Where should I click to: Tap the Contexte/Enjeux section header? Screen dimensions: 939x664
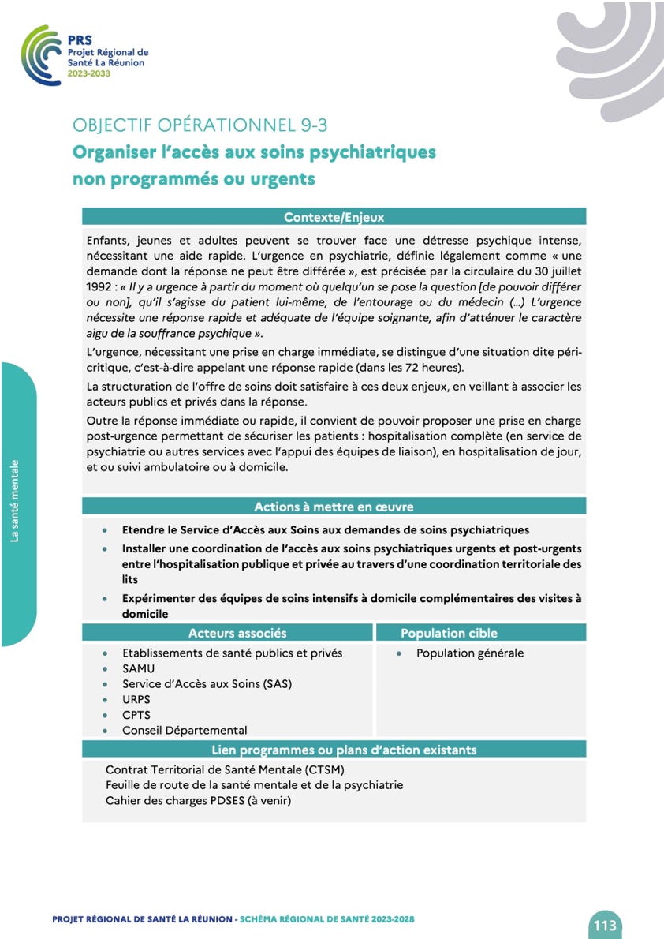(x=334, y=217)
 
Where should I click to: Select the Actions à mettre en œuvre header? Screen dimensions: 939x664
(x=334, y=507)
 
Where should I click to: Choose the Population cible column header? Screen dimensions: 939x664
(x=449, y=633)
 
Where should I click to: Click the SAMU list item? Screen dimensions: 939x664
(x=139, y=668)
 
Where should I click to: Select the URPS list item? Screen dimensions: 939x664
(x=136, y=699)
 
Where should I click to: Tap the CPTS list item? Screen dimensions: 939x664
(x=136, y=715)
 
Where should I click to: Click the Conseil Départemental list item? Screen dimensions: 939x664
(x=185, y=731)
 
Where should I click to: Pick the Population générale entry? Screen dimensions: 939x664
(x=470, y=653)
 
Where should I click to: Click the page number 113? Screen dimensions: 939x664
(x=605, y=925)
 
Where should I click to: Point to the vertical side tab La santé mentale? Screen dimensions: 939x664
(x=15, y=501)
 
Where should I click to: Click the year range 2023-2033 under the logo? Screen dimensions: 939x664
(x=89, y=73)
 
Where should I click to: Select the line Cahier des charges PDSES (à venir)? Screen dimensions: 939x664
(x=198, y=801)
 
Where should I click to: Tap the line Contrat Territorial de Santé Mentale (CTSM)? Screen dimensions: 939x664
(x=226, y=769)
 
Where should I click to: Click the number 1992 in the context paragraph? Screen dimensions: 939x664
(x=100, y=287)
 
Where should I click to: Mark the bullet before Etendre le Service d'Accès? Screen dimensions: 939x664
(x=105, y=530)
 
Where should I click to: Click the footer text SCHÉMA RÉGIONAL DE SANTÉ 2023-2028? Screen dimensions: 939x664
(x=326, y=920)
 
